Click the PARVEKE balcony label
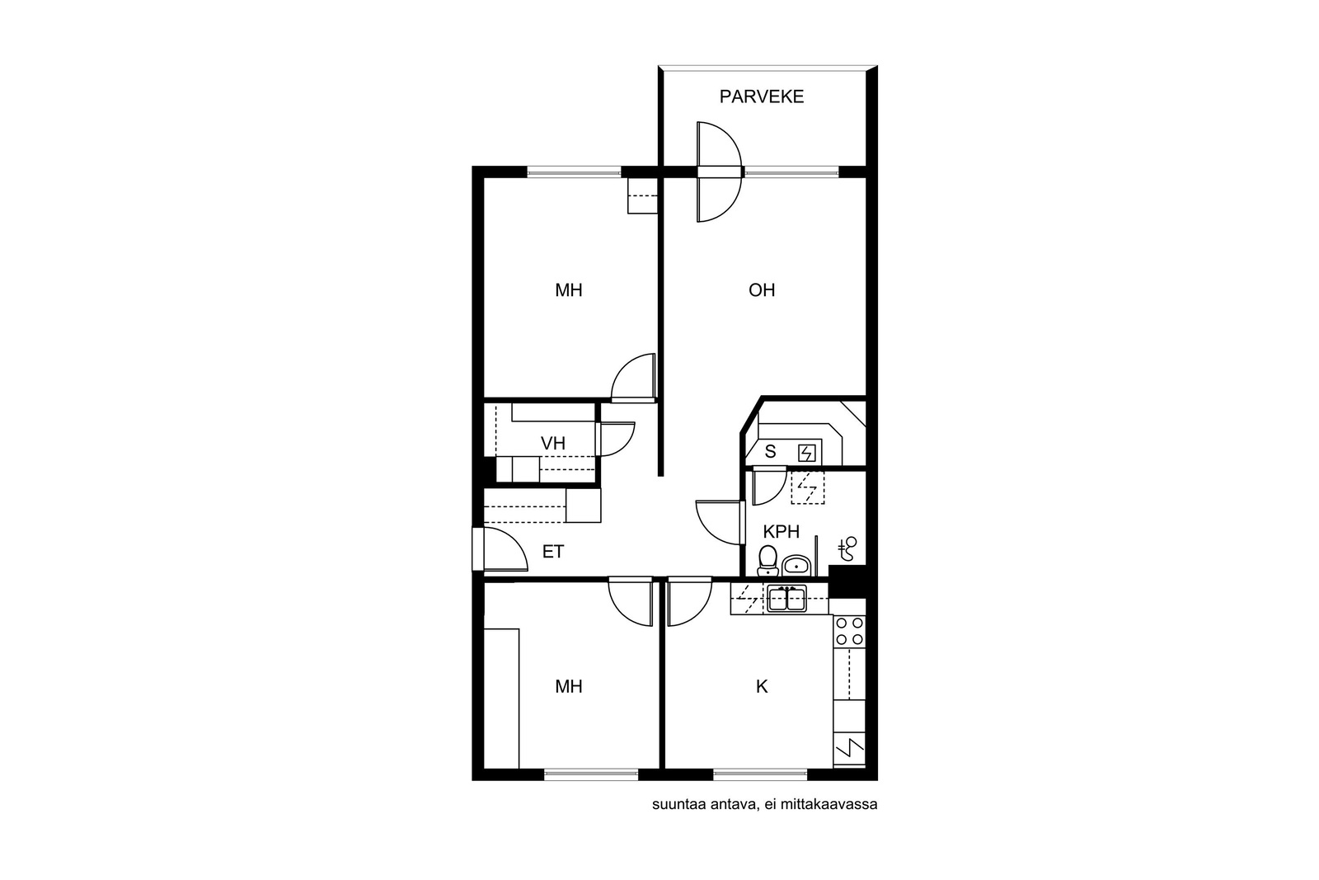762,96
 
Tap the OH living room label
762,289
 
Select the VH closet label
553,444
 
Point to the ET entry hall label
553,552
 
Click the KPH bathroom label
781,532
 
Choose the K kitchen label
762,686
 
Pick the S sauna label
770,452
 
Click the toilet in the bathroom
767,560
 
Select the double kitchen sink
786,599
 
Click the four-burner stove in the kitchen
850,631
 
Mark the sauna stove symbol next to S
807,453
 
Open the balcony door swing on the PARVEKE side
719,145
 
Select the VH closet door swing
616,439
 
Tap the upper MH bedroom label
569,289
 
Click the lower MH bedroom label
569,686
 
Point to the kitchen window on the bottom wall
760,774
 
